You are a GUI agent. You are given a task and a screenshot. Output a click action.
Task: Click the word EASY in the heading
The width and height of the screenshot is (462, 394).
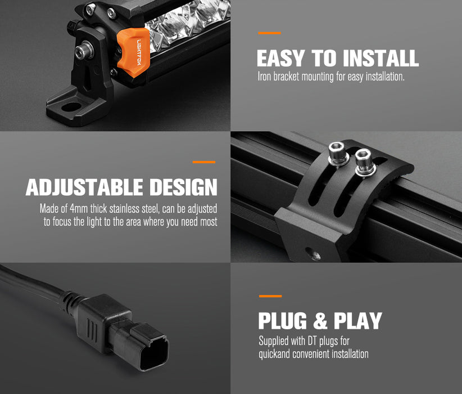280,58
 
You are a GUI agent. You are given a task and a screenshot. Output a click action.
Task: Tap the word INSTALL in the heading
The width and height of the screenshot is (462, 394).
381,58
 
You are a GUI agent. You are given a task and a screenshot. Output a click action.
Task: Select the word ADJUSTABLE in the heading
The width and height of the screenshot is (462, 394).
84,187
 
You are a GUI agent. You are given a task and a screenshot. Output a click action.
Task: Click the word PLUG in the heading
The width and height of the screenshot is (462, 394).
283,321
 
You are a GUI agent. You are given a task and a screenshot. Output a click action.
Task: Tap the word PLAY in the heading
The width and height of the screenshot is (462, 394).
357,321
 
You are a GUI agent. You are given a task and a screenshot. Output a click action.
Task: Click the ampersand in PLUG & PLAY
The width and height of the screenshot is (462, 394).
320,321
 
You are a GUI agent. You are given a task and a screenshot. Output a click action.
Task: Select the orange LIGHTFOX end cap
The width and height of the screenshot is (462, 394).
133,52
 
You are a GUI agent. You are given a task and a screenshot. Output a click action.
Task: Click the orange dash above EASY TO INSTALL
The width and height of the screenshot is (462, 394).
269,33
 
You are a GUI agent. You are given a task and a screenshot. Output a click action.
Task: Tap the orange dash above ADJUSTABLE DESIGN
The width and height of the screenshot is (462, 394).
204,162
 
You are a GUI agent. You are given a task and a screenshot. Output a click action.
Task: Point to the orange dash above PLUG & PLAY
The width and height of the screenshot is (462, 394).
270,296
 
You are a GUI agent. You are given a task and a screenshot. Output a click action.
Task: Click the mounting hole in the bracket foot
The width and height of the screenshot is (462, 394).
71,107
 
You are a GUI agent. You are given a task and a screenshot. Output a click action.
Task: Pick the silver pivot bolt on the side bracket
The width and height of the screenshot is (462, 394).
84,50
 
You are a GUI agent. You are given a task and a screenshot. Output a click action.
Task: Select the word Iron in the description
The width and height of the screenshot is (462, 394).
264,77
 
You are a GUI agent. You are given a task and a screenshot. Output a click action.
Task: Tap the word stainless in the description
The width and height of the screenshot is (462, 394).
124,209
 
